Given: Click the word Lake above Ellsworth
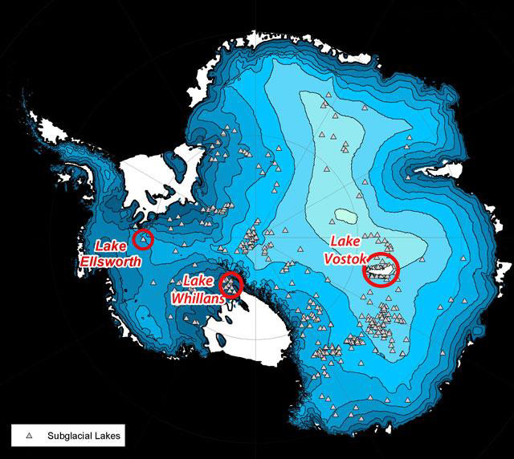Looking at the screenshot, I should (111, 246).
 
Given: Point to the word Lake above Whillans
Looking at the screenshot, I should (198, 280).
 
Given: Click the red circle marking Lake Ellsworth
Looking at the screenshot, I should (143, 238).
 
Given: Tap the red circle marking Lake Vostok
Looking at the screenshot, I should (381, 270).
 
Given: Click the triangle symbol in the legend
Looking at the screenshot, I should (29, 436).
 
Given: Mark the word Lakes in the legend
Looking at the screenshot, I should (107, 436).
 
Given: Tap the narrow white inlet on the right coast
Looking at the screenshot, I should (434, 171).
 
